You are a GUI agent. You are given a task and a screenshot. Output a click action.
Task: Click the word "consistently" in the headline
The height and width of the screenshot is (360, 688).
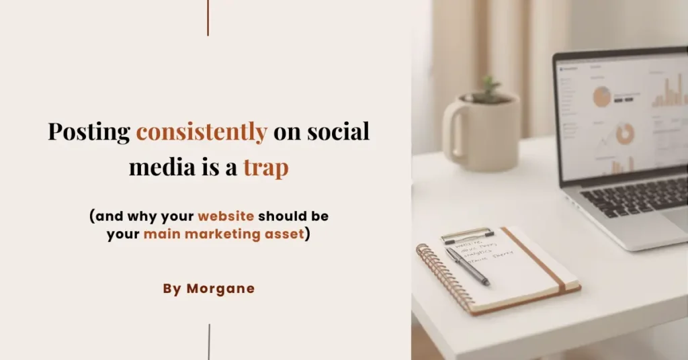[202, 132]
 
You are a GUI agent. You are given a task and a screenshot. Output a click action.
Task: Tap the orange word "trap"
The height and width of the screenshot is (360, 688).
[265, 167]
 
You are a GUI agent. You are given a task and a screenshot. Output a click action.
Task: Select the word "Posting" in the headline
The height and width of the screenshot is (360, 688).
[89, 132]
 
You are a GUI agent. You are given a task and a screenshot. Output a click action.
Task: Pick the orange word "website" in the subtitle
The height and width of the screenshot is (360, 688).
[226, 217]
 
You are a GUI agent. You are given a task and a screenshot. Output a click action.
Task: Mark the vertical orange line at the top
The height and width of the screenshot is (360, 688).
[208, 17]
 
